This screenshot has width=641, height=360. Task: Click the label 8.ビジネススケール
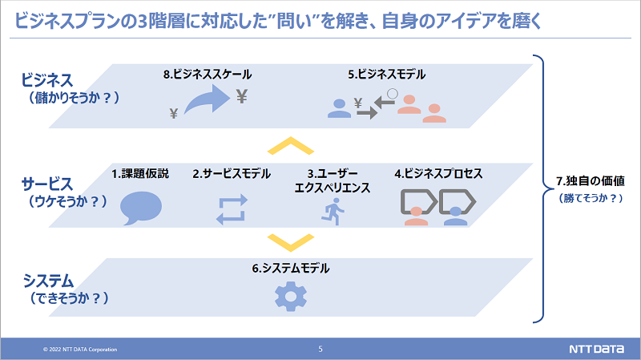pyautogui.click(x=207, y=75)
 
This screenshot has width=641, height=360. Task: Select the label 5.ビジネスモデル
pyautogui.click(x=386, y=75)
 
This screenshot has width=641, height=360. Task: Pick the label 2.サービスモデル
pyautogui.click(x=232, y=173)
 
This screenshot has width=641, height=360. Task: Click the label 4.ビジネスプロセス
pyautogui.click(x=438, y=173)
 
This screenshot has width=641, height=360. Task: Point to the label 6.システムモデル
pyautogui.click(x=290, y=269)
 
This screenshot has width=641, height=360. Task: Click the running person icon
pyautogui.click(x=331, y=211)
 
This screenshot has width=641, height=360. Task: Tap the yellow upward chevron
pyautogui.click(x=290, y=146)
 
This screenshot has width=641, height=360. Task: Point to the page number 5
pyautogui.click(x=320, y=349)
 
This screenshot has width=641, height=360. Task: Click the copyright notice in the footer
pyautogui.click(x=80, y=350)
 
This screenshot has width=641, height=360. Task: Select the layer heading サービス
pyautogui.click(x=48, y=184)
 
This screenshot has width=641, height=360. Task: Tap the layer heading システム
pyautogui.click(x=48, y=281)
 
